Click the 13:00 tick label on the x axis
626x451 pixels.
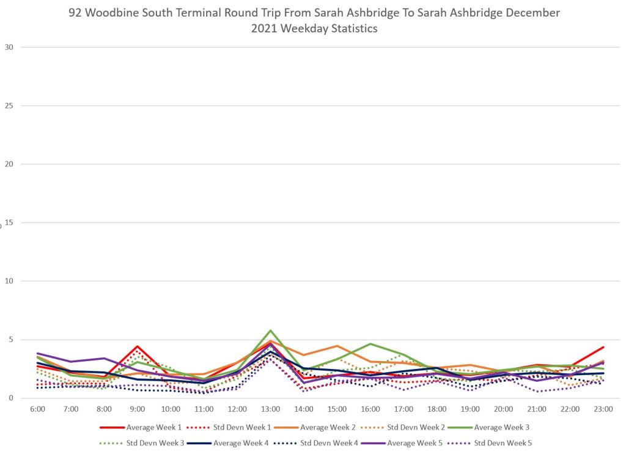[x=270, y=409]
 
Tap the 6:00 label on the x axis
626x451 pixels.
[x=38, y=409]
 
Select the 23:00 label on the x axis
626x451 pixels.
[x=603, y=409]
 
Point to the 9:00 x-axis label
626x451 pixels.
[x=138, y=409]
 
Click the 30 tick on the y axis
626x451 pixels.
[x=9, y=47]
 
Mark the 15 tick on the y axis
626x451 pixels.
[x=9, y=223]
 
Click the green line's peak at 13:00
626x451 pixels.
[x=270, y=330]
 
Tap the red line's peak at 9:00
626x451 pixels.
[x=138, y=346]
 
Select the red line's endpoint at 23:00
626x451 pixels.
[x=603, y=347]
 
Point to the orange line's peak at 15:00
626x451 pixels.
[x=337, y=346]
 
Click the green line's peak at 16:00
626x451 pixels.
[x=370, y=344]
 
